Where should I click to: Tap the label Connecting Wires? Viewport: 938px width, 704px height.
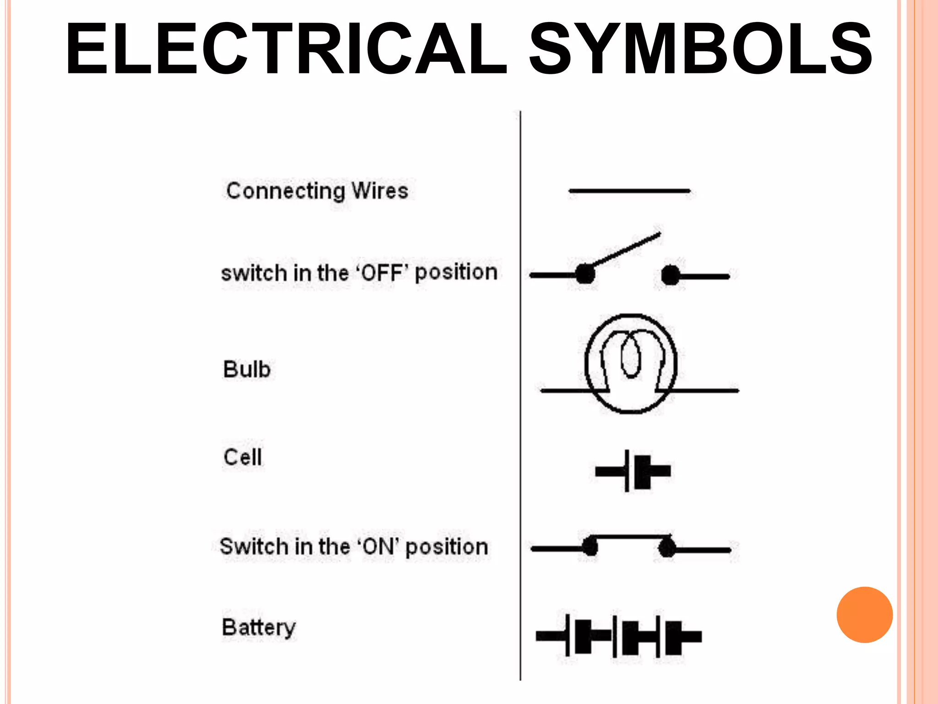(x=317, y=191)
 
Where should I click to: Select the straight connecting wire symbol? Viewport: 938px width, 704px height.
(x=629, y=191)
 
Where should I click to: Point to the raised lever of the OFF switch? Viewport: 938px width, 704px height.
(x=626, y=250)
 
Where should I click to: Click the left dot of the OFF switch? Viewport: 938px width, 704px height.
(x=585, y=275)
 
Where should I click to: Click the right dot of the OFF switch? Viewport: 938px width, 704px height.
(x=671, y=275)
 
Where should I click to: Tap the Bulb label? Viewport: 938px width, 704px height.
(x=247, y=369)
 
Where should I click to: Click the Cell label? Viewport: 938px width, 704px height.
(x=243, y=457)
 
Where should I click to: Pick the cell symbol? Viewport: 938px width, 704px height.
(x=633, y=471)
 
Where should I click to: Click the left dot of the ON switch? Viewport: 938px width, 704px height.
(x=589, y=547)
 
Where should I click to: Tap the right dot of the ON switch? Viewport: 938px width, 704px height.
(x=667, y=548)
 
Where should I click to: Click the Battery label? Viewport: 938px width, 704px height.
(x=259, y=627)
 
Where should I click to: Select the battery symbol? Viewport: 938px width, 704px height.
(x=619, y=636)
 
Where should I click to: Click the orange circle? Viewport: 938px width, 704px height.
(x=864, y=615)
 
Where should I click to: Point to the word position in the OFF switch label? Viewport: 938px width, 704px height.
(x=456, y=273)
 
